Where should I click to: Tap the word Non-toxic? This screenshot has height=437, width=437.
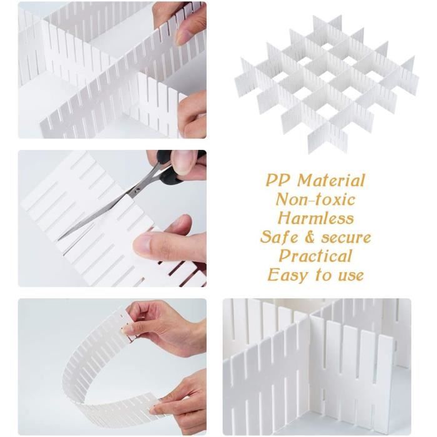point(315,200)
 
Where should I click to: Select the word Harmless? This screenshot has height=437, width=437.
point(315,219)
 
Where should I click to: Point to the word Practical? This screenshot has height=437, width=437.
point(315,257)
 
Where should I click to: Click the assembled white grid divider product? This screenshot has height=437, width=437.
point(327,83)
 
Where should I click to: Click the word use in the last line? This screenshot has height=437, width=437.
point(351,276)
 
